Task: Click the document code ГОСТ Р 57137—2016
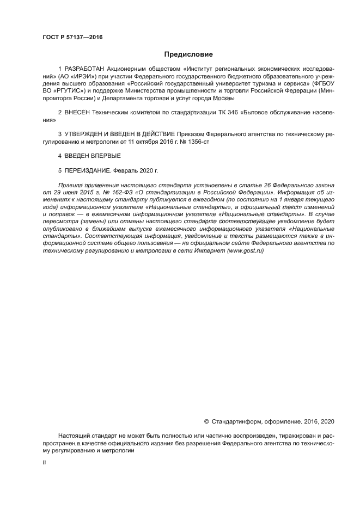click(x=72, y=37)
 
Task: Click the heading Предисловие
click(x=188, y=54)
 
